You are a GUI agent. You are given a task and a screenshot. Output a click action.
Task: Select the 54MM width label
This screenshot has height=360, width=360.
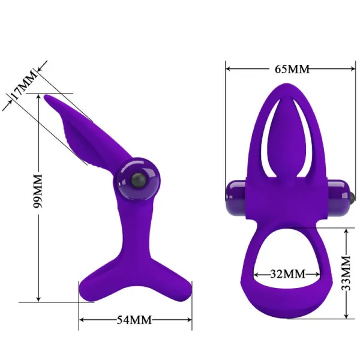(x=134, y=319)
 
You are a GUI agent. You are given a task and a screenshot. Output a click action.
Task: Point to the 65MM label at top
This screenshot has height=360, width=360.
(x=292, y=69)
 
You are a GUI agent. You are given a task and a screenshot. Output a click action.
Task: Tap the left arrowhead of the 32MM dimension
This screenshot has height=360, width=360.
(x=254, y=274)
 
